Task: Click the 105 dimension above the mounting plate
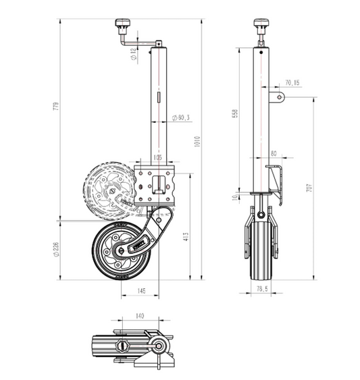click(x=157, y=157)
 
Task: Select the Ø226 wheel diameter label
click(x=55, y=248)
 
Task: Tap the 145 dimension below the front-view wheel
click(x=140, y=291)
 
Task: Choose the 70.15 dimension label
click(x=292, y=82)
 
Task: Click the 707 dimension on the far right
click(x=309, y=188)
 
